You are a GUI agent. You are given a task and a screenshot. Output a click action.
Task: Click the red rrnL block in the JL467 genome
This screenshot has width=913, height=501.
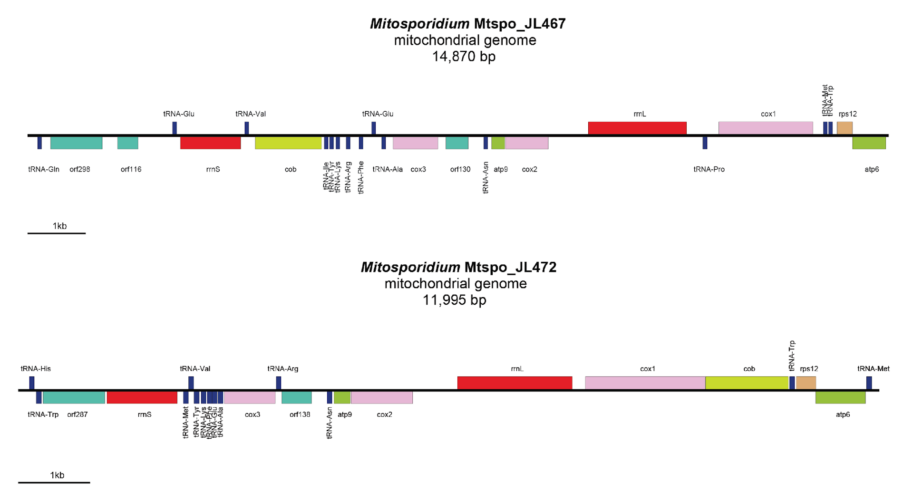click(637, 128)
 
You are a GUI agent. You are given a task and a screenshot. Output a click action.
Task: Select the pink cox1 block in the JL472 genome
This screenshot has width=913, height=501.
click(645, 383)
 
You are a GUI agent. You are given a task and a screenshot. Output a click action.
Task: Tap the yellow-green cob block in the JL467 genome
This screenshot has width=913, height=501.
click(288, 143)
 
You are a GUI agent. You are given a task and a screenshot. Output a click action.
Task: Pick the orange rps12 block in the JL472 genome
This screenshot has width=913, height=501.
click(806, 383)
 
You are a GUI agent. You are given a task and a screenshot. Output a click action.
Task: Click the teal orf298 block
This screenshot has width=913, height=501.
click(76, 143)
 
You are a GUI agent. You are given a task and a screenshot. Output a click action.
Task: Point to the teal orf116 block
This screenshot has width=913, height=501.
click(127, 143)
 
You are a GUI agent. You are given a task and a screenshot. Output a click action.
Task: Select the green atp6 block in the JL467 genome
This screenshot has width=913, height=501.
click(869, 143)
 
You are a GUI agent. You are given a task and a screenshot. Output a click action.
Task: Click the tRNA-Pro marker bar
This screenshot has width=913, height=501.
click(705, 143)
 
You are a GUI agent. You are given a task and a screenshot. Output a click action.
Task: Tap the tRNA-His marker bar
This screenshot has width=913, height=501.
click(32, 383)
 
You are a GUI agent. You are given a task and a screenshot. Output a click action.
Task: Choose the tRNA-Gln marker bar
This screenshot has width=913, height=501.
click(39, 143)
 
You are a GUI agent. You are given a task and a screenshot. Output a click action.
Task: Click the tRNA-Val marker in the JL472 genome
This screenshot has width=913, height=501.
click(191, 383)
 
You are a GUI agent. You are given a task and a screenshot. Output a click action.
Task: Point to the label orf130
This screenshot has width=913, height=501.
click(460, 169)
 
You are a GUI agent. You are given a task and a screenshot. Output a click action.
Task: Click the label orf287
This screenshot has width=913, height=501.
click(78, 414)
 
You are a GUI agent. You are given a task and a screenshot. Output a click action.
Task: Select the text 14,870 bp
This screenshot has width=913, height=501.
click(464, 57)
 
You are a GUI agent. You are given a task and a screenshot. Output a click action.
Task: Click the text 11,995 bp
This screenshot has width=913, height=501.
click(455, 300)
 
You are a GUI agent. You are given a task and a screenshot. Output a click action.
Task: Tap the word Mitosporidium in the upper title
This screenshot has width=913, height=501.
click(419, 24)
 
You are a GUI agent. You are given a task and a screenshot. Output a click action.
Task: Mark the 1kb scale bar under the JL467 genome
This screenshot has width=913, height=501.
click(57, 233)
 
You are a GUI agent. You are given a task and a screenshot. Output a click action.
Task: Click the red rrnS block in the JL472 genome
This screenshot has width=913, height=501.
click(142, 397)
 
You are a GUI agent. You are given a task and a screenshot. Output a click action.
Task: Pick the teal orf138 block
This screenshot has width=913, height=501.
click(297, 397)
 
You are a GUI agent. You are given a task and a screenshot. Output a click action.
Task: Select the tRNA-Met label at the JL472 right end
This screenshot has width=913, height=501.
click(873, 369)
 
